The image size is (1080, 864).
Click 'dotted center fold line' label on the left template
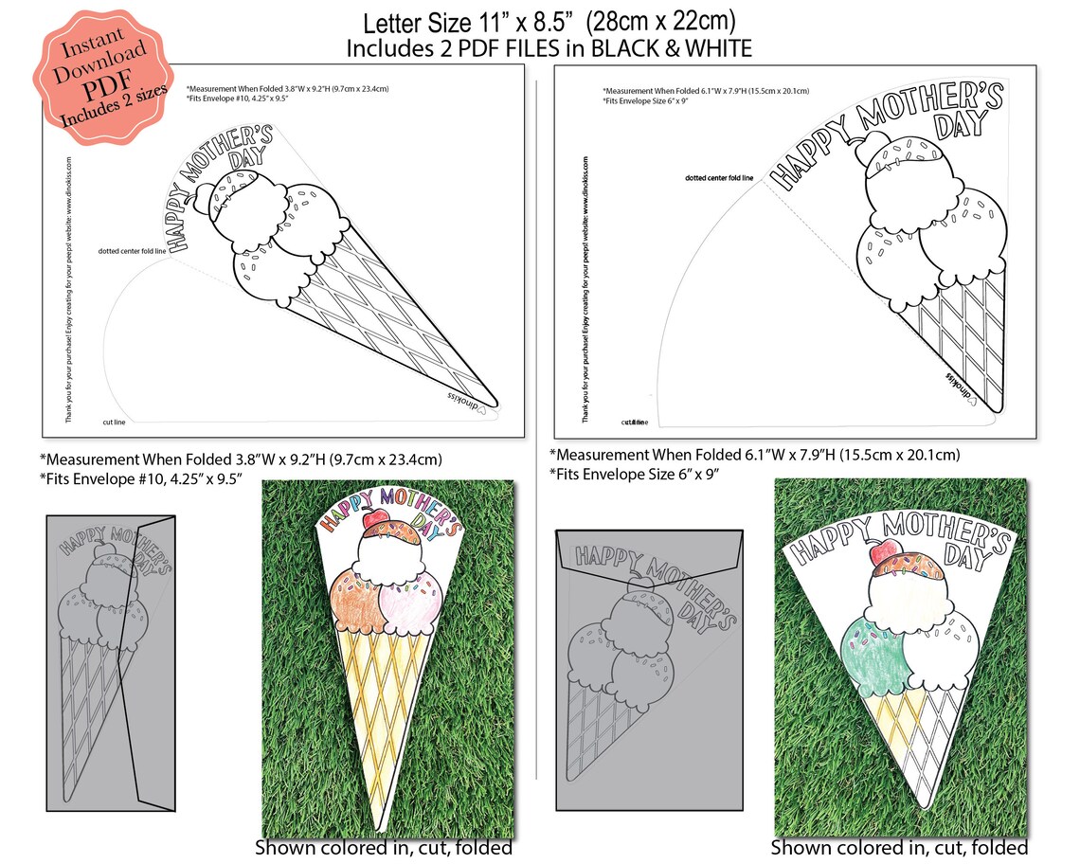click(x=134, y=251)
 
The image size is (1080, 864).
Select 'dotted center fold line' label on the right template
click(x=719, y=177)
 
